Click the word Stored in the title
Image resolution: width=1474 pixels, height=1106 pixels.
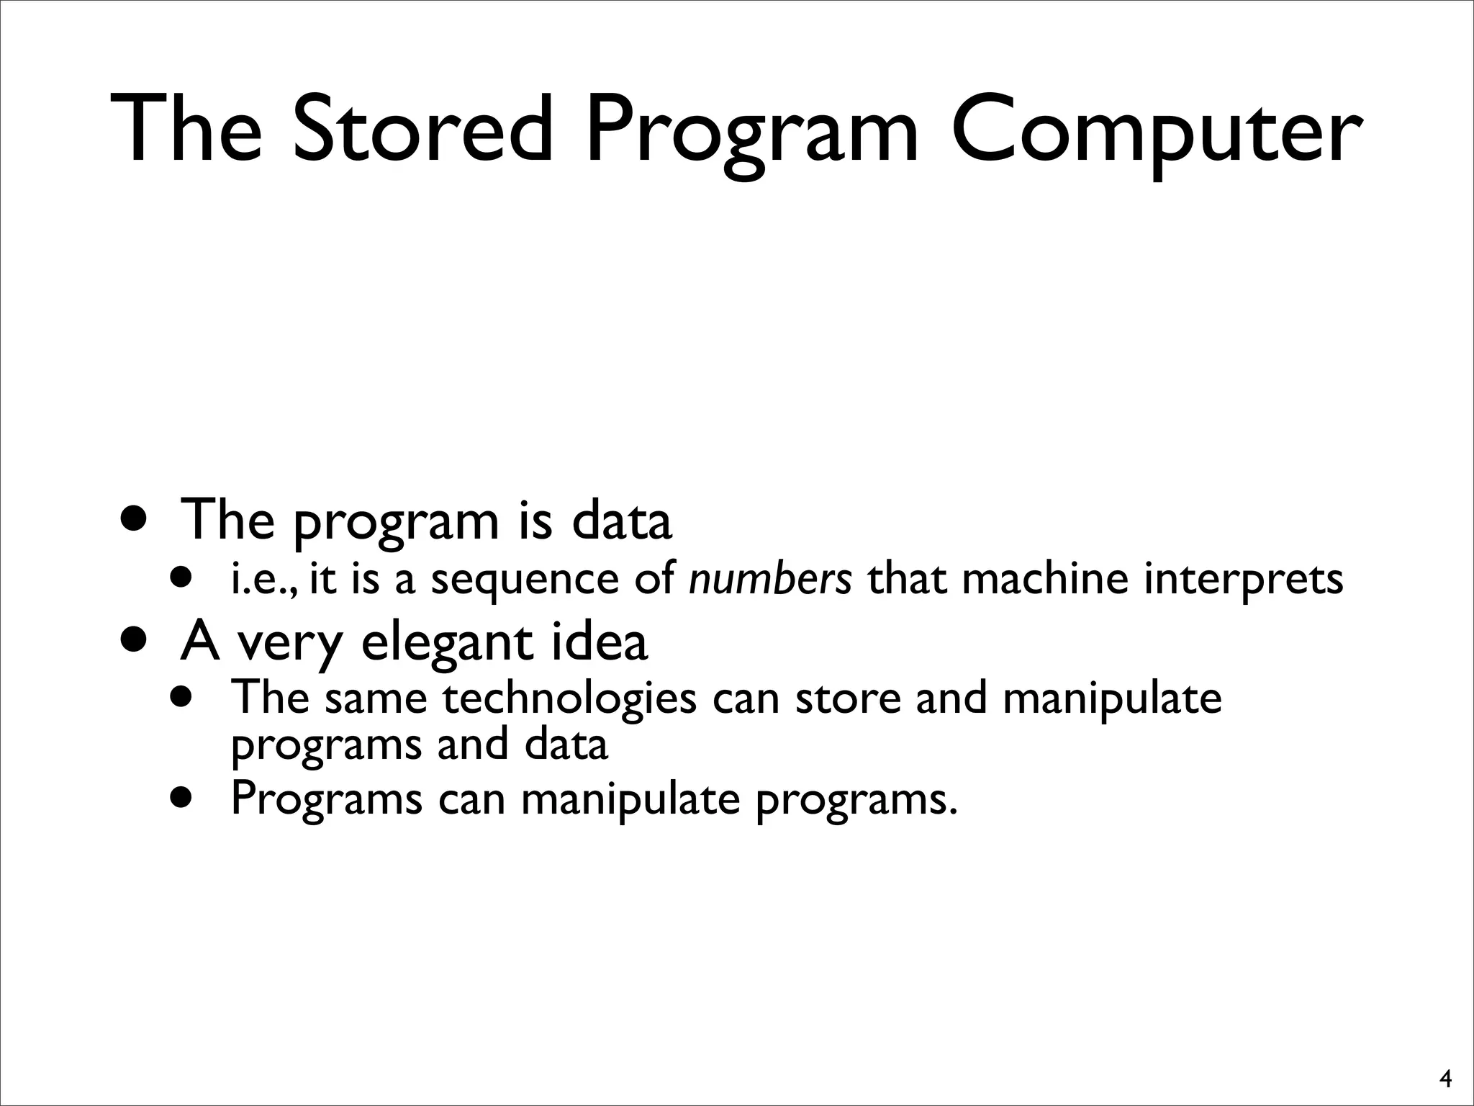coord(425,130)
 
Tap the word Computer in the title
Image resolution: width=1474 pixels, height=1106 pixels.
coord(1156,130)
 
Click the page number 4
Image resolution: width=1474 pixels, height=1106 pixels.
coord(1444,1079)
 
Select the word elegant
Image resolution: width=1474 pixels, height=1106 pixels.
coord(446,642)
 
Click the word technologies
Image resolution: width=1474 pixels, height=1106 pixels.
coord(569,698)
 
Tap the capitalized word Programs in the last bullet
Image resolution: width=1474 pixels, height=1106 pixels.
coord(326,799)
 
